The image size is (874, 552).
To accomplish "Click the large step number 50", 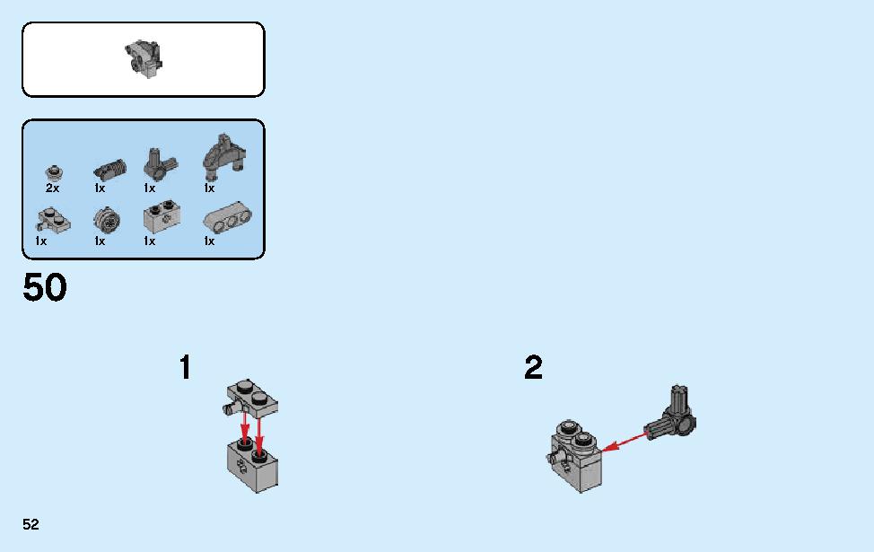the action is pos(45,288).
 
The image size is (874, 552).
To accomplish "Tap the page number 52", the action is pos(31,524).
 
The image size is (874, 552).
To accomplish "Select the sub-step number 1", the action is pos(186,367).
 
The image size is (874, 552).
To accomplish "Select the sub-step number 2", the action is pos(533,367).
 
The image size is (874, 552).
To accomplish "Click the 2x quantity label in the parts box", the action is pos(52,188).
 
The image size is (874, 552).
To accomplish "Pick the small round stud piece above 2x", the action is pos(53,173).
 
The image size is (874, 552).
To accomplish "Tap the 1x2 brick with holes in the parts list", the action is pos(162,217).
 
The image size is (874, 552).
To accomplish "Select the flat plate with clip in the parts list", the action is pos(54,220).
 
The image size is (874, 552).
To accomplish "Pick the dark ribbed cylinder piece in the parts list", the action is pos(109,169).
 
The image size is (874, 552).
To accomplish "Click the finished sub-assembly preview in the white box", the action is pos(144,58).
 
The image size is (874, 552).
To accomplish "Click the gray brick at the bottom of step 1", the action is pos(252,466).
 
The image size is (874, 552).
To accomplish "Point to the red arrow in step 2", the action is pos(626,441).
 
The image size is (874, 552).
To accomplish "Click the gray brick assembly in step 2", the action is pos(574,457).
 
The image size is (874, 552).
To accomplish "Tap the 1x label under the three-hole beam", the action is pos(209,241).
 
